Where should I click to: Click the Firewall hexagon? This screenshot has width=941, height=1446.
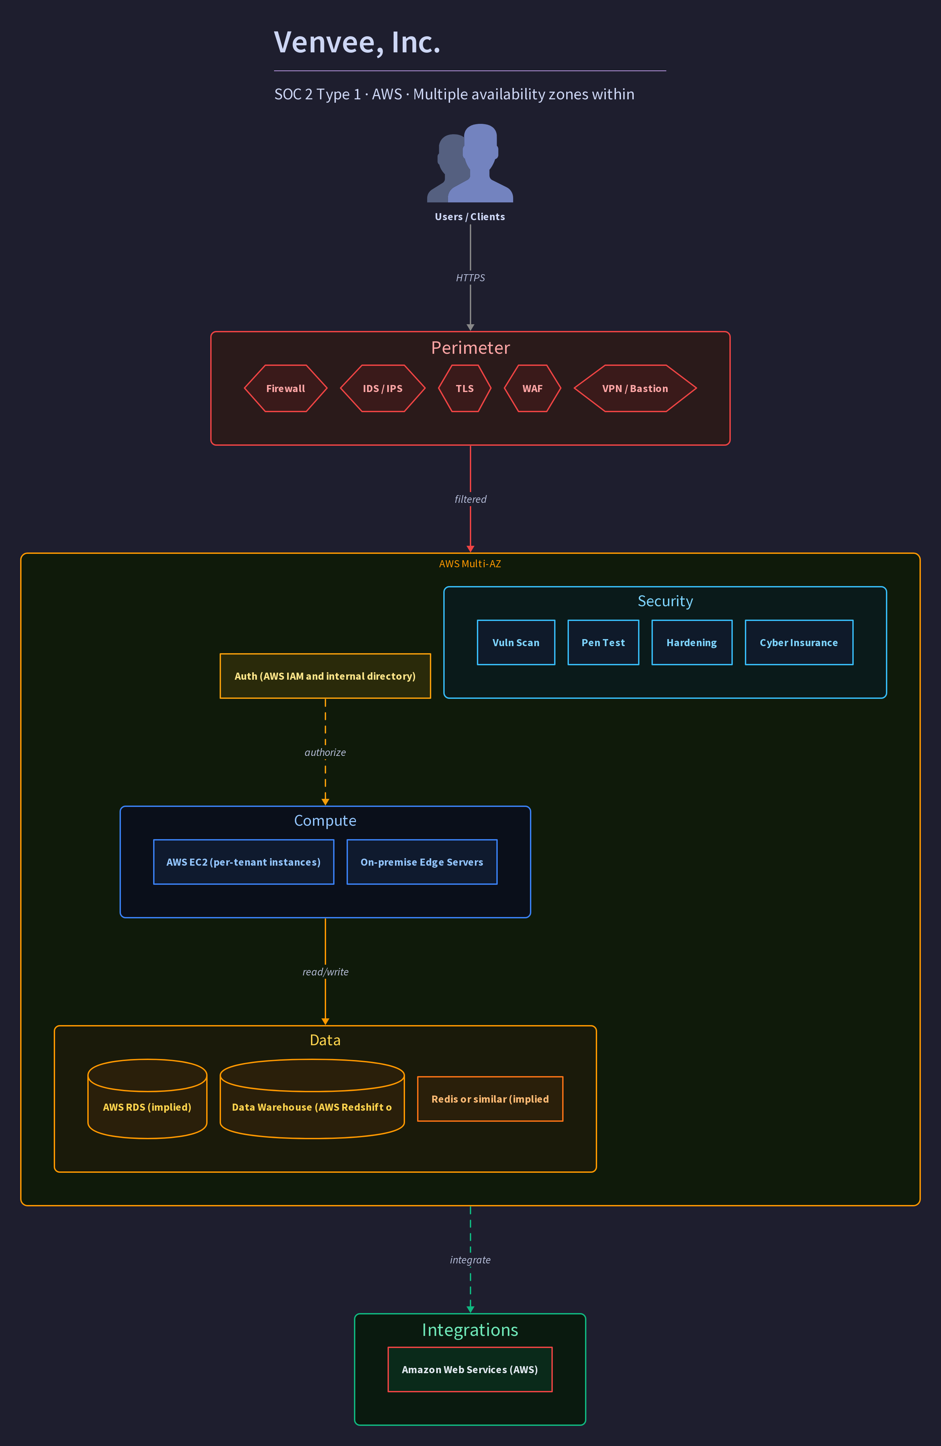286,388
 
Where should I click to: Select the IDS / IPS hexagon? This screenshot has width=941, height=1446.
383,388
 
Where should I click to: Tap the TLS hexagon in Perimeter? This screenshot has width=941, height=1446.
464,388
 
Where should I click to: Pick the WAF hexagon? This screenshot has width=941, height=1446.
533,388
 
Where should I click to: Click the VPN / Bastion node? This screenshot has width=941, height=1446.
635,388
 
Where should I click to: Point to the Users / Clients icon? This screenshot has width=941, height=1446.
470,163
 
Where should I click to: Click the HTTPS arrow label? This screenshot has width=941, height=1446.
470,278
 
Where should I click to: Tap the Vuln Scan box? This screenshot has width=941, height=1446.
516,642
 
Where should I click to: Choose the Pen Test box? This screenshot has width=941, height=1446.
603,642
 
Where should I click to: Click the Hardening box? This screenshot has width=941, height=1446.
692,642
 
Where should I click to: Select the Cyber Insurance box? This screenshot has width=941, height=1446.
799,642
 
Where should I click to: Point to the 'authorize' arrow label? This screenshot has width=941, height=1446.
325,752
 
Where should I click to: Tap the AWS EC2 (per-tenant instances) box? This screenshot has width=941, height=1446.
244,862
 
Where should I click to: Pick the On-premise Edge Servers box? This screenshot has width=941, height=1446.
422,862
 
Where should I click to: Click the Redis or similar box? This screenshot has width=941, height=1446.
490,1099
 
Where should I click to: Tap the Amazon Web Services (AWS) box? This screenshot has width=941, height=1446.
470,1369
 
